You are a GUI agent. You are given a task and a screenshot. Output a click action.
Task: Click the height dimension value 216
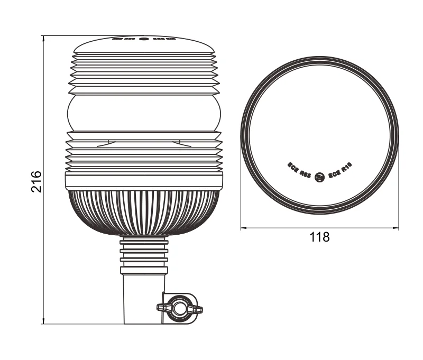pyautogui.click(x=35, y=181)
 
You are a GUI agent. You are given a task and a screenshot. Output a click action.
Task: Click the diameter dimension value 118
pyautogui.click(x=319, y=237)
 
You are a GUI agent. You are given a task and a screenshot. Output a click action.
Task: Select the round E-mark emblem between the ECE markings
pyautogui.click(x=319, y=178)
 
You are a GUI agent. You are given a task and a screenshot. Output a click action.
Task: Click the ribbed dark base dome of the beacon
pyautogui.click(x=143, y=211)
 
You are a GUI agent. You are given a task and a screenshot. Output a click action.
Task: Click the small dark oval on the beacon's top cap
pyautogui.click(x=143, y=39)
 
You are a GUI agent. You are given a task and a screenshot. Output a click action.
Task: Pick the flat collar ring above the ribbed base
pyautogui.click(x=143, y=181)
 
